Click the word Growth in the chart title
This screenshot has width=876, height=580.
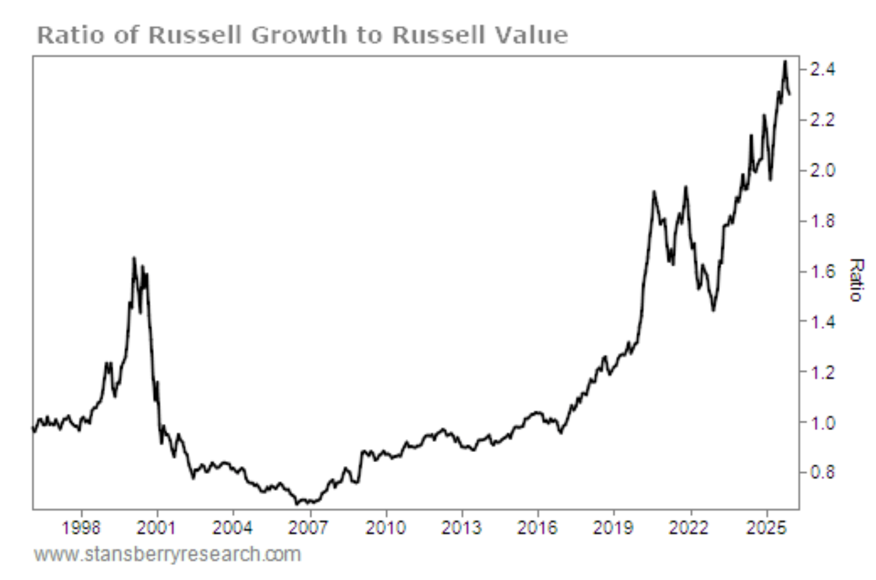[x=298, y=35]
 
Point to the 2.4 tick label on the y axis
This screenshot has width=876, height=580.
[x=823, y=69]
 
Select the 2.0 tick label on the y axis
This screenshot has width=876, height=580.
[x=823, y=170]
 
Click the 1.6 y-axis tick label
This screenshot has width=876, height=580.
[x=823, y=271]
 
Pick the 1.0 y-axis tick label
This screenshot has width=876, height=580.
[x=823, y=423]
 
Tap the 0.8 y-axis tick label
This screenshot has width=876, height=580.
[x=823, y=472]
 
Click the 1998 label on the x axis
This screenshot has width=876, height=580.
[x=81, y=528]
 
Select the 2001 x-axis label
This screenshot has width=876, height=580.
[x=157, y=528]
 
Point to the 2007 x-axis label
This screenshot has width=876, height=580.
[x=309, y=528]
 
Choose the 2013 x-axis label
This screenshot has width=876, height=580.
[x=461, y=528]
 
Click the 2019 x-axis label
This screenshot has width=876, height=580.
[x=613, y=528]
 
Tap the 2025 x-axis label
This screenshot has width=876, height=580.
[x=766, y=528]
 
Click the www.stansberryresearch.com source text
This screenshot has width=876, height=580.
[x=167, y=554]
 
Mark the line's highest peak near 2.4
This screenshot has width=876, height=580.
[x=785, y=62]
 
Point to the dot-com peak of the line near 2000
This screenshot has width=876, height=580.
[x=134, y=259]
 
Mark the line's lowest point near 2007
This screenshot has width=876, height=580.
[x=297, y=504]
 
